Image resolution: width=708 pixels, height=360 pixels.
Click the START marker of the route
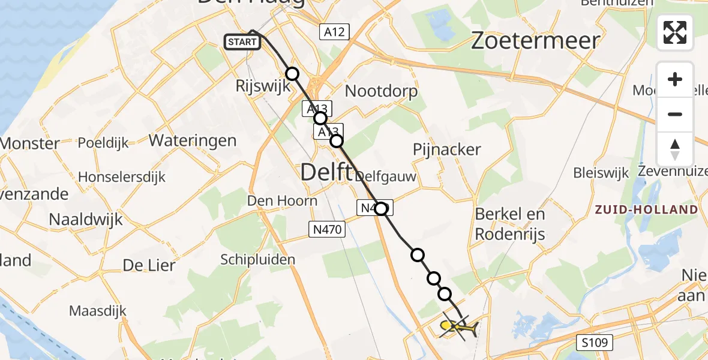[242, 42]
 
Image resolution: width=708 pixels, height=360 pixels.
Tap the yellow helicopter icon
[458, 327]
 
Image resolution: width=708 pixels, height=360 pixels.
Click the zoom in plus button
[675, 79]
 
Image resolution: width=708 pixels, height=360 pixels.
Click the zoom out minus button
[675, 114]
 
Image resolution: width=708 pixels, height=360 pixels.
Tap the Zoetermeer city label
[535, 41]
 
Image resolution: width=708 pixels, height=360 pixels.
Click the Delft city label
[326, 172]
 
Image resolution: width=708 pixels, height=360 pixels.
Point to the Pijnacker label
[446, 149]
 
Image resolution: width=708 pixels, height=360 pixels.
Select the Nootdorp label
[381, 91]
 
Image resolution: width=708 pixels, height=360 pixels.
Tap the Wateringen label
[192, 140]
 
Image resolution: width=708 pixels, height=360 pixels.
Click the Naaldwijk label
[86, 219]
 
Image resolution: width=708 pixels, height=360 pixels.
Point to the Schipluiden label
[258, 259]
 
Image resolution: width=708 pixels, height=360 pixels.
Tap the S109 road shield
[596, 343]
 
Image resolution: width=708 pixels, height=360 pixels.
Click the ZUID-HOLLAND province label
[646, 210]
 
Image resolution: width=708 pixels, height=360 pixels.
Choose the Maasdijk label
[96, 311]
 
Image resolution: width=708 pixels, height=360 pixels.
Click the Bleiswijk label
[601, 173]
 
